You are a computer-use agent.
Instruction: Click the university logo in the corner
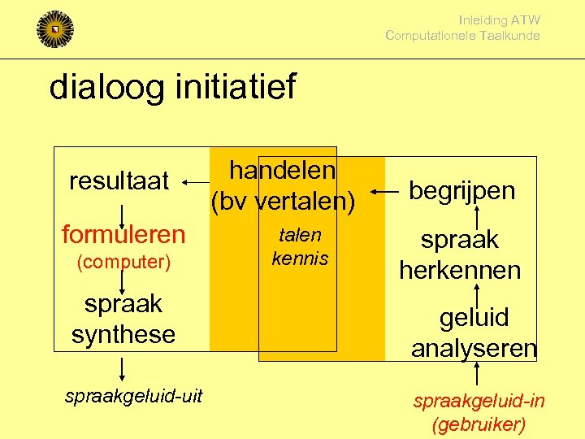coord(55,28)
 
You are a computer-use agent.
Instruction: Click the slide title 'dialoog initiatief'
coord(172,87)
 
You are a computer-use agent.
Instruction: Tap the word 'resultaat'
coord(119,180)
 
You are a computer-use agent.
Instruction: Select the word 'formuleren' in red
coord(123,235)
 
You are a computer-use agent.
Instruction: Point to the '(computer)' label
coord(123,262)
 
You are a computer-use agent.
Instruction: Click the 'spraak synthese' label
coord(123,319)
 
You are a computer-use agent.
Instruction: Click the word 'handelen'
coord(282,171)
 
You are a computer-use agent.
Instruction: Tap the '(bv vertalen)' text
coord(283,202)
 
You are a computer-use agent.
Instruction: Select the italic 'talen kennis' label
coord(300,247)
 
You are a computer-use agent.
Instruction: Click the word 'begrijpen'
coord(461,190)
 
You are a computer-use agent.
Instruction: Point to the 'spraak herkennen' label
coord(459,254)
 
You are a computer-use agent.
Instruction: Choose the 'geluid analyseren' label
coord(474,333)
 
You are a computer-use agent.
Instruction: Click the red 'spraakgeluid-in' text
coord(479,401)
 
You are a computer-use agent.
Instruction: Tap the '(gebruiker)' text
coord(479,424)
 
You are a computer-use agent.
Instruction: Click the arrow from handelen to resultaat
coord(194,182)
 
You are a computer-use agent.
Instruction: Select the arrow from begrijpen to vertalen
coord(384,192)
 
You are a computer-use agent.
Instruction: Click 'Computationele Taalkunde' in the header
coord(462,35)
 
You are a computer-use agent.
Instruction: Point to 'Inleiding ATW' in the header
coord(499,20)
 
